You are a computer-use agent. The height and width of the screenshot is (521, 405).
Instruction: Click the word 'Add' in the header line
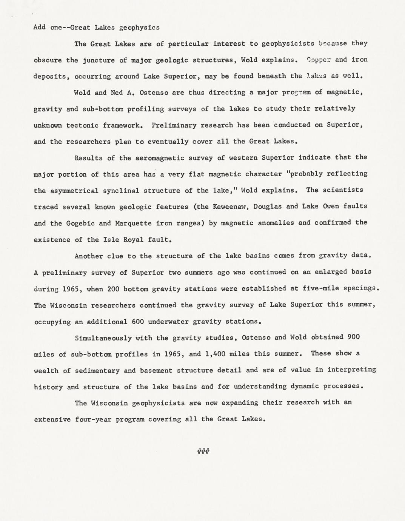click(x=39, y=27)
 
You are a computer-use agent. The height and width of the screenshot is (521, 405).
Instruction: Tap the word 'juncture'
click(x=99, y=60)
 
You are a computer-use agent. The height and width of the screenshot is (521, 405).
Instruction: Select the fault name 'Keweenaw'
click(x=229, y=207)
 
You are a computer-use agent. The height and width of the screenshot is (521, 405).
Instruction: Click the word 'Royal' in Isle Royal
click(x=132, y=240)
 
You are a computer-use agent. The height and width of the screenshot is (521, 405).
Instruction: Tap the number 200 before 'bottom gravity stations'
click(x=113, y=289)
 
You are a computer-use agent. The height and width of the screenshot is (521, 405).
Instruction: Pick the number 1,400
click(x=214, y=354)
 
